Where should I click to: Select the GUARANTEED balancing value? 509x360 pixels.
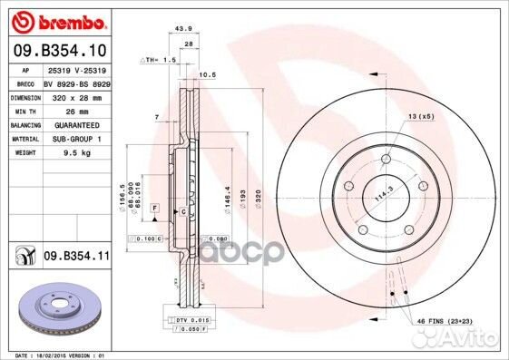coord(73,125)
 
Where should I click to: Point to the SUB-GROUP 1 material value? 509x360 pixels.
coord(73,139)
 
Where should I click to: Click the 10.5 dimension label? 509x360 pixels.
coord(206,75)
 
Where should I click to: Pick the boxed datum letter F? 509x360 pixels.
coord(155,209)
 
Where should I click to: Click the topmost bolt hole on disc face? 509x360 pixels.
coord(386,159)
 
